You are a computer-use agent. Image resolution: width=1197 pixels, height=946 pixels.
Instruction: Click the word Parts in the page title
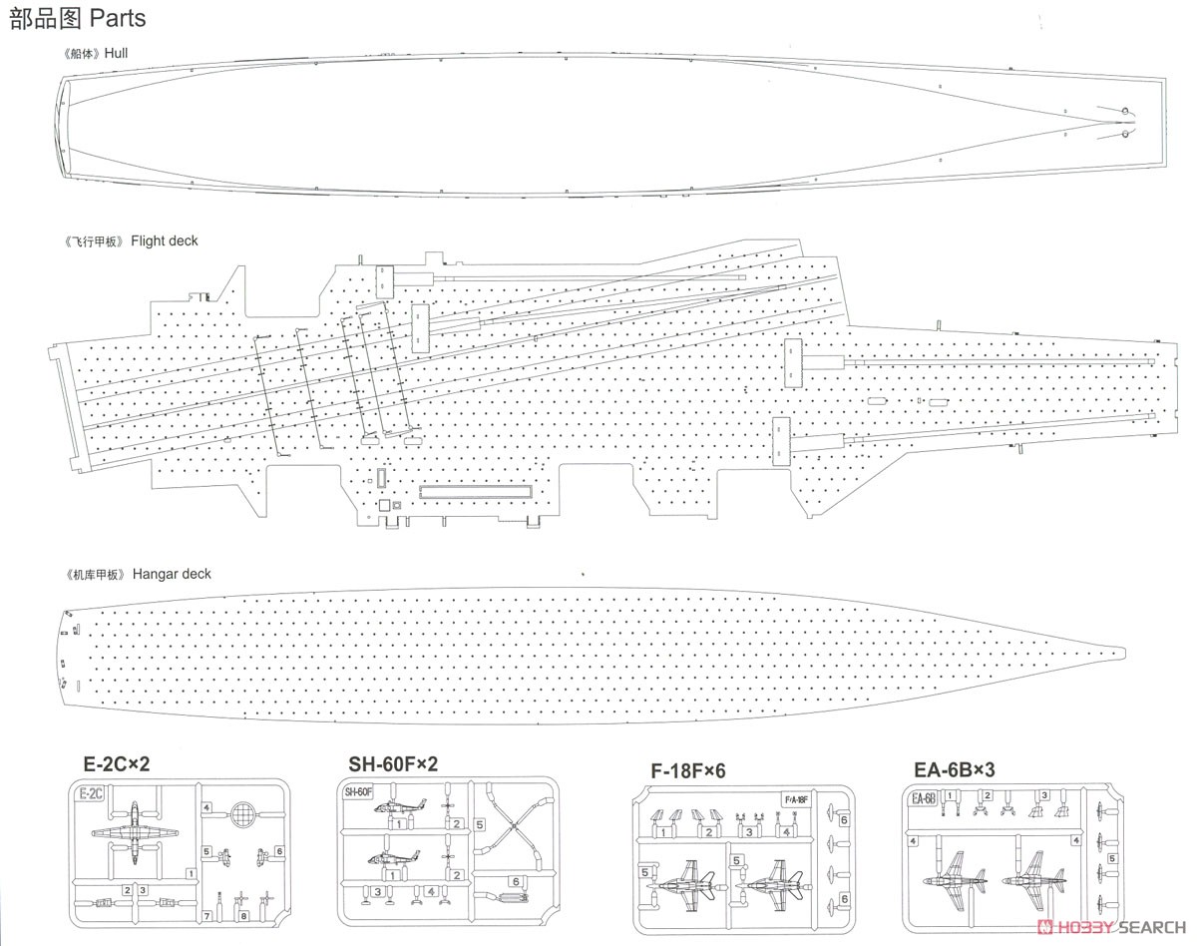click(118, 18)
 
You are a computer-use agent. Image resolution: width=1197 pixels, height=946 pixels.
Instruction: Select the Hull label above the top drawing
click(116, 53)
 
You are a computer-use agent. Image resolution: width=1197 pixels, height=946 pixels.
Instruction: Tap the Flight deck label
click(164, 240)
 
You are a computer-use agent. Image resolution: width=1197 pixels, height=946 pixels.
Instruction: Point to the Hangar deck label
click(172, 574)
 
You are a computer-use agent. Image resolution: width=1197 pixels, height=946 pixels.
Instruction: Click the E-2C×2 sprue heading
click(117, 764)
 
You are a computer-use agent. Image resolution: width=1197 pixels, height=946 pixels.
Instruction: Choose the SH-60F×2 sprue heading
click(393, 764)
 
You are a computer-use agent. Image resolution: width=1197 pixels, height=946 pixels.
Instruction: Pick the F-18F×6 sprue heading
click(687, 771)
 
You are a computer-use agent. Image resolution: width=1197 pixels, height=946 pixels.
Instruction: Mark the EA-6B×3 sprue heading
click(954, 769)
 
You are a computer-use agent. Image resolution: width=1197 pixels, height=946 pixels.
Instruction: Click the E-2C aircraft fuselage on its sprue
click(135, 832)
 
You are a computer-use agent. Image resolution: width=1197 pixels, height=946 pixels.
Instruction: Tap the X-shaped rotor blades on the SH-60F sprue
click(515, 826)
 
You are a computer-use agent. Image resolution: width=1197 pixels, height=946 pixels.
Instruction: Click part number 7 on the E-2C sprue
click(206, 915)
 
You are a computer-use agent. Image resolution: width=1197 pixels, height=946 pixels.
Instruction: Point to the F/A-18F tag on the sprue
click(797, 800)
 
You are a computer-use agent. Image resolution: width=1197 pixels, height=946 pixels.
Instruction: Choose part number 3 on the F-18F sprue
click(749, 832)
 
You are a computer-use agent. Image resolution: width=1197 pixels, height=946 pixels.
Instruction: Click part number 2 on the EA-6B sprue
click(988, 795)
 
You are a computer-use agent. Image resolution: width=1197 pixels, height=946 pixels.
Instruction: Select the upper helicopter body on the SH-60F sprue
click(399, 806)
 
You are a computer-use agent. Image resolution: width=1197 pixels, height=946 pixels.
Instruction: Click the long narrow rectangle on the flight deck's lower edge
click(476, 491)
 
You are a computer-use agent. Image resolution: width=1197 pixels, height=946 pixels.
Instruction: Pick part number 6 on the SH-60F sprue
click(516, 881)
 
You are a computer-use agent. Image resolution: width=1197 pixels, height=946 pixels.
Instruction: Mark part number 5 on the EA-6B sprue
click(1112, 858)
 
